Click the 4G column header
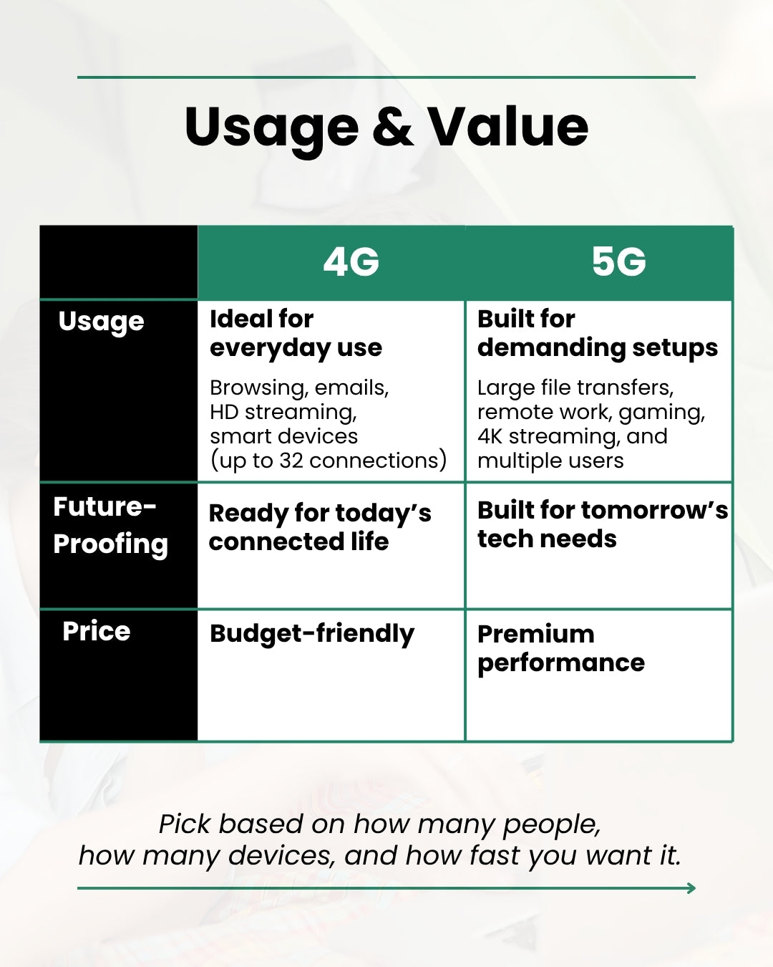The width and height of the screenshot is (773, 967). click(351, 262)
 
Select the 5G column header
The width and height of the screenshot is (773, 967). click(618, 262)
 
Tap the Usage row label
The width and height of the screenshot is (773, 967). click(101, 322)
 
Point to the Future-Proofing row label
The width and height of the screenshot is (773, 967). click(110, 525)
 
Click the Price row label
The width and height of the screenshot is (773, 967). click(97, 631)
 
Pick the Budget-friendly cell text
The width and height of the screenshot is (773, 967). click(311, 634)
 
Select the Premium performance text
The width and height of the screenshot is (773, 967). click(560, 648)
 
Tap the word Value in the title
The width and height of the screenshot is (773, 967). click(508, 127)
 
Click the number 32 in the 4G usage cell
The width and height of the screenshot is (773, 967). click(291, 461)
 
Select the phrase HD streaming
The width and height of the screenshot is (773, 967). click(283, 412)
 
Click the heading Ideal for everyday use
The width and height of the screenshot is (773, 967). click(296, 333)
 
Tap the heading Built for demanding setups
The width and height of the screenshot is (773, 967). click(597, 333)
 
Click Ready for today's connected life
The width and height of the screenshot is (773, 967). click(319, 527)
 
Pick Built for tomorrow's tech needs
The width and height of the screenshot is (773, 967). click(602, 524)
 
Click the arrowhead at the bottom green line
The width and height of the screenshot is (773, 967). click(691, 888)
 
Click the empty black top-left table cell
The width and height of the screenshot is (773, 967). click(118, 262)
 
